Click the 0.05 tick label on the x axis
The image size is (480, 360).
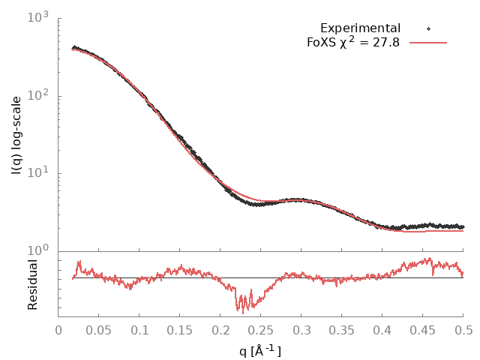click(99, 329)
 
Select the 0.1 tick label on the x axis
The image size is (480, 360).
click(139, 329)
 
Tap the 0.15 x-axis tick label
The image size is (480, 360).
click(180, 329)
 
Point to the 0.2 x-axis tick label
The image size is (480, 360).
click(220, 329)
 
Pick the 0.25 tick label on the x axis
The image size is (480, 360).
click(261, 329)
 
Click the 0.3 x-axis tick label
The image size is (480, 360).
click(301, 329)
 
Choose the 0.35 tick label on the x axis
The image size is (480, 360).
click(342, 329)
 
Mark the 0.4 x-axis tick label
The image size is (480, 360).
click(382, 329)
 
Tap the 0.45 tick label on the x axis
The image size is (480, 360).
click(423, 329)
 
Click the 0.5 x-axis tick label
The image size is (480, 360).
click(463, 329)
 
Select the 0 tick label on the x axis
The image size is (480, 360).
click(58, 329)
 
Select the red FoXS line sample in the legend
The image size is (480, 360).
click(428, 43)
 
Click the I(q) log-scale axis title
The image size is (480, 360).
click(16, 135)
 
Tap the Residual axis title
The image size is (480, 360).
click(32, 284)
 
